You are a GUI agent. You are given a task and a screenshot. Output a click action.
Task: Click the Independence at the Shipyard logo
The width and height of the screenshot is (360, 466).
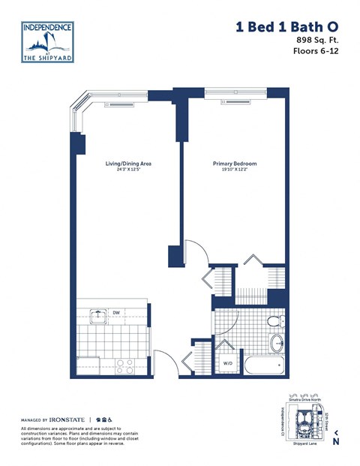click(47, 43)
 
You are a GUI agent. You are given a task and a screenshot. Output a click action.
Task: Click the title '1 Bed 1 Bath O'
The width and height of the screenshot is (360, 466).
click(288, 27)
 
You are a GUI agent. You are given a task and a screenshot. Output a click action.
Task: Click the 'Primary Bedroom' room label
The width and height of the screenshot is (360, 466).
click(235, 163)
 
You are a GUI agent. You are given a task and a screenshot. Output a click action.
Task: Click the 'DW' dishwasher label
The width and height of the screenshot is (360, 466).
click(117, 312)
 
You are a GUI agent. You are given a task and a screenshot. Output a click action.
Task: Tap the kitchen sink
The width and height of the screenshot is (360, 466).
click(97, 315)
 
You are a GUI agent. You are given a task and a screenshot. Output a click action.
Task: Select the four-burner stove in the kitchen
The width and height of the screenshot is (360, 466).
click(124, 367)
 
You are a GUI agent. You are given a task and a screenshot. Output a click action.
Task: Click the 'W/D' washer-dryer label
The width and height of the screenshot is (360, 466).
click(227, 365)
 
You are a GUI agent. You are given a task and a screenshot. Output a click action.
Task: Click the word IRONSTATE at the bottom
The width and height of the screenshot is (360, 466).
click(68, 418)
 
